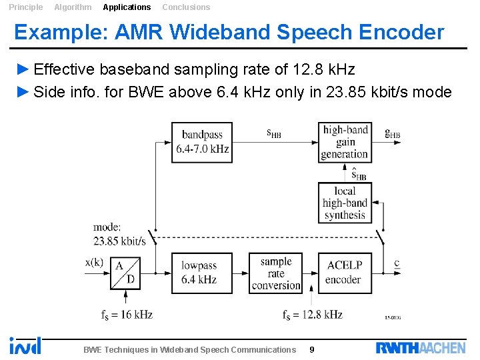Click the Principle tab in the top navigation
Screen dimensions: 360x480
point(25,7)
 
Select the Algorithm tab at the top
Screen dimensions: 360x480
point(73,7)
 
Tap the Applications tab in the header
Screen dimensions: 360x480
point(127,7)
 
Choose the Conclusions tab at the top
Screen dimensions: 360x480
point(186,7)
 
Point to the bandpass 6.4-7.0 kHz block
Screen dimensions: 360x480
point(202,142)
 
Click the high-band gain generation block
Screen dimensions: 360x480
point(345,142)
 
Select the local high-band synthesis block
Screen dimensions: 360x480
point(345,203)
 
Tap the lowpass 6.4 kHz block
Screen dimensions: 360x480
point(202,273)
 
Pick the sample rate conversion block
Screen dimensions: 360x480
point(276,273)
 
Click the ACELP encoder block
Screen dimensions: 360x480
point(345,273)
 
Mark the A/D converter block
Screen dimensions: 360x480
point(126,273)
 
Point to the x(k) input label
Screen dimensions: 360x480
point(94,262)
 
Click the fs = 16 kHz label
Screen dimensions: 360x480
point(127,315)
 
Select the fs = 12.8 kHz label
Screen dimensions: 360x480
point(312,315)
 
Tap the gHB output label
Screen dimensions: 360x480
point(393,133)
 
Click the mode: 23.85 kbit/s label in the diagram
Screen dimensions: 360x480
point(119,234)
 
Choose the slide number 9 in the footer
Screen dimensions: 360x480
point(313,349)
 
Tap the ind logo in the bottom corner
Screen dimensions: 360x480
point(25,345)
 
